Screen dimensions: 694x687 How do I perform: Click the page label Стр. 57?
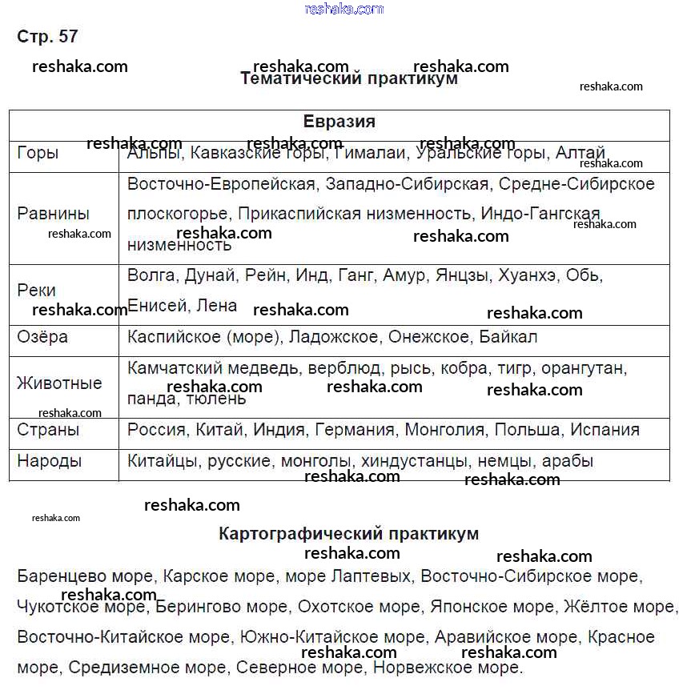[x=47, y=37]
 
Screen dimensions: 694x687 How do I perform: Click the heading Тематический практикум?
[x=349, y=78]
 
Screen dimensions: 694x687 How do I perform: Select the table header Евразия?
[x=339, y=122]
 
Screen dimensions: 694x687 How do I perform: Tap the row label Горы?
[x=38, y=152]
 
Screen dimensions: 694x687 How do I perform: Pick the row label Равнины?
[x=53, y=214]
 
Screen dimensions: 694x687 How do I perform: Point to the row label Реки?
[x=37, y=290]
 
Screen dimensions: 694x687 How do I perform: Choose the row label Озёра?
[x=42, y=337]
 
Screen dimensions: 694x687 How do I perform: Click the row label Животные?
[x=59, y=383]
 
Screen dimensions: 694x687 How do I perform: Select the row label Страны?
[x=48, y=430]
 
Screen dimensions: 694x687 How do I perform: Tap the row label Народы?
[x=50, y=461]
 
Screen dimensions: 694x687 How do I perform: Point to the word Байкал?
[x=508, y=337]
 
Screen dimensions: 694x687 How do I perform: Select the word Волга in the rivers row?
[x=151, y=275]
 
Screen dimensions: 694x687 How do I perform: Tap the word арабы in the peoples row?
[x=568, y=461]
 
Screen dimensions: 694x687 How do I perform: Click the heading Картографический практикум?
[x=348, y=533]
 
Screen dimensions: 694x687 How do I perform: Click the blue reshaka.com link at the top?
[x=344, y=9]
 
